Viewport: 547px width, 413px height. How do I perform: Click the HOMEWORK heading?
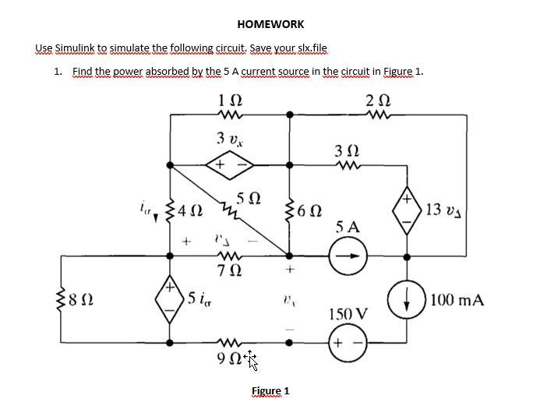(270, 24)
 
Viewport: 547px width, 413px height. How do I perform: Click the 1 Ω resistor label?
(231, 100)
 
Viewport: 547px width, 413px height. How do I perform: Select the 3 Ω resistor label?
(348, 149)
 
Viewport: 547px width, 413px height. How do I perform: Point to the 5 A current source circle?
(348, 256)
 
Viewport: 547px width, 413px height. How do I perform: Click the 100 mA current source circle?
(406, 299)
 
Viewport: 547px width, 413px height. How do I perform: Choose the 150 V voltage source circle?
(348, 343)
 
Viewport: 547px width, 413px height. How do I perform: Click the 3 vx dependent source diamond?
(231, 164)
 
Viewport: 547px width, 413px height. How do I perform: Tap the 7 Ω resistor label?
(231, 272)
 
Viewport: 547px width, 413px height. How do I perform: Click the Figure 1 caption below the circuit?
(270, 390)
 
